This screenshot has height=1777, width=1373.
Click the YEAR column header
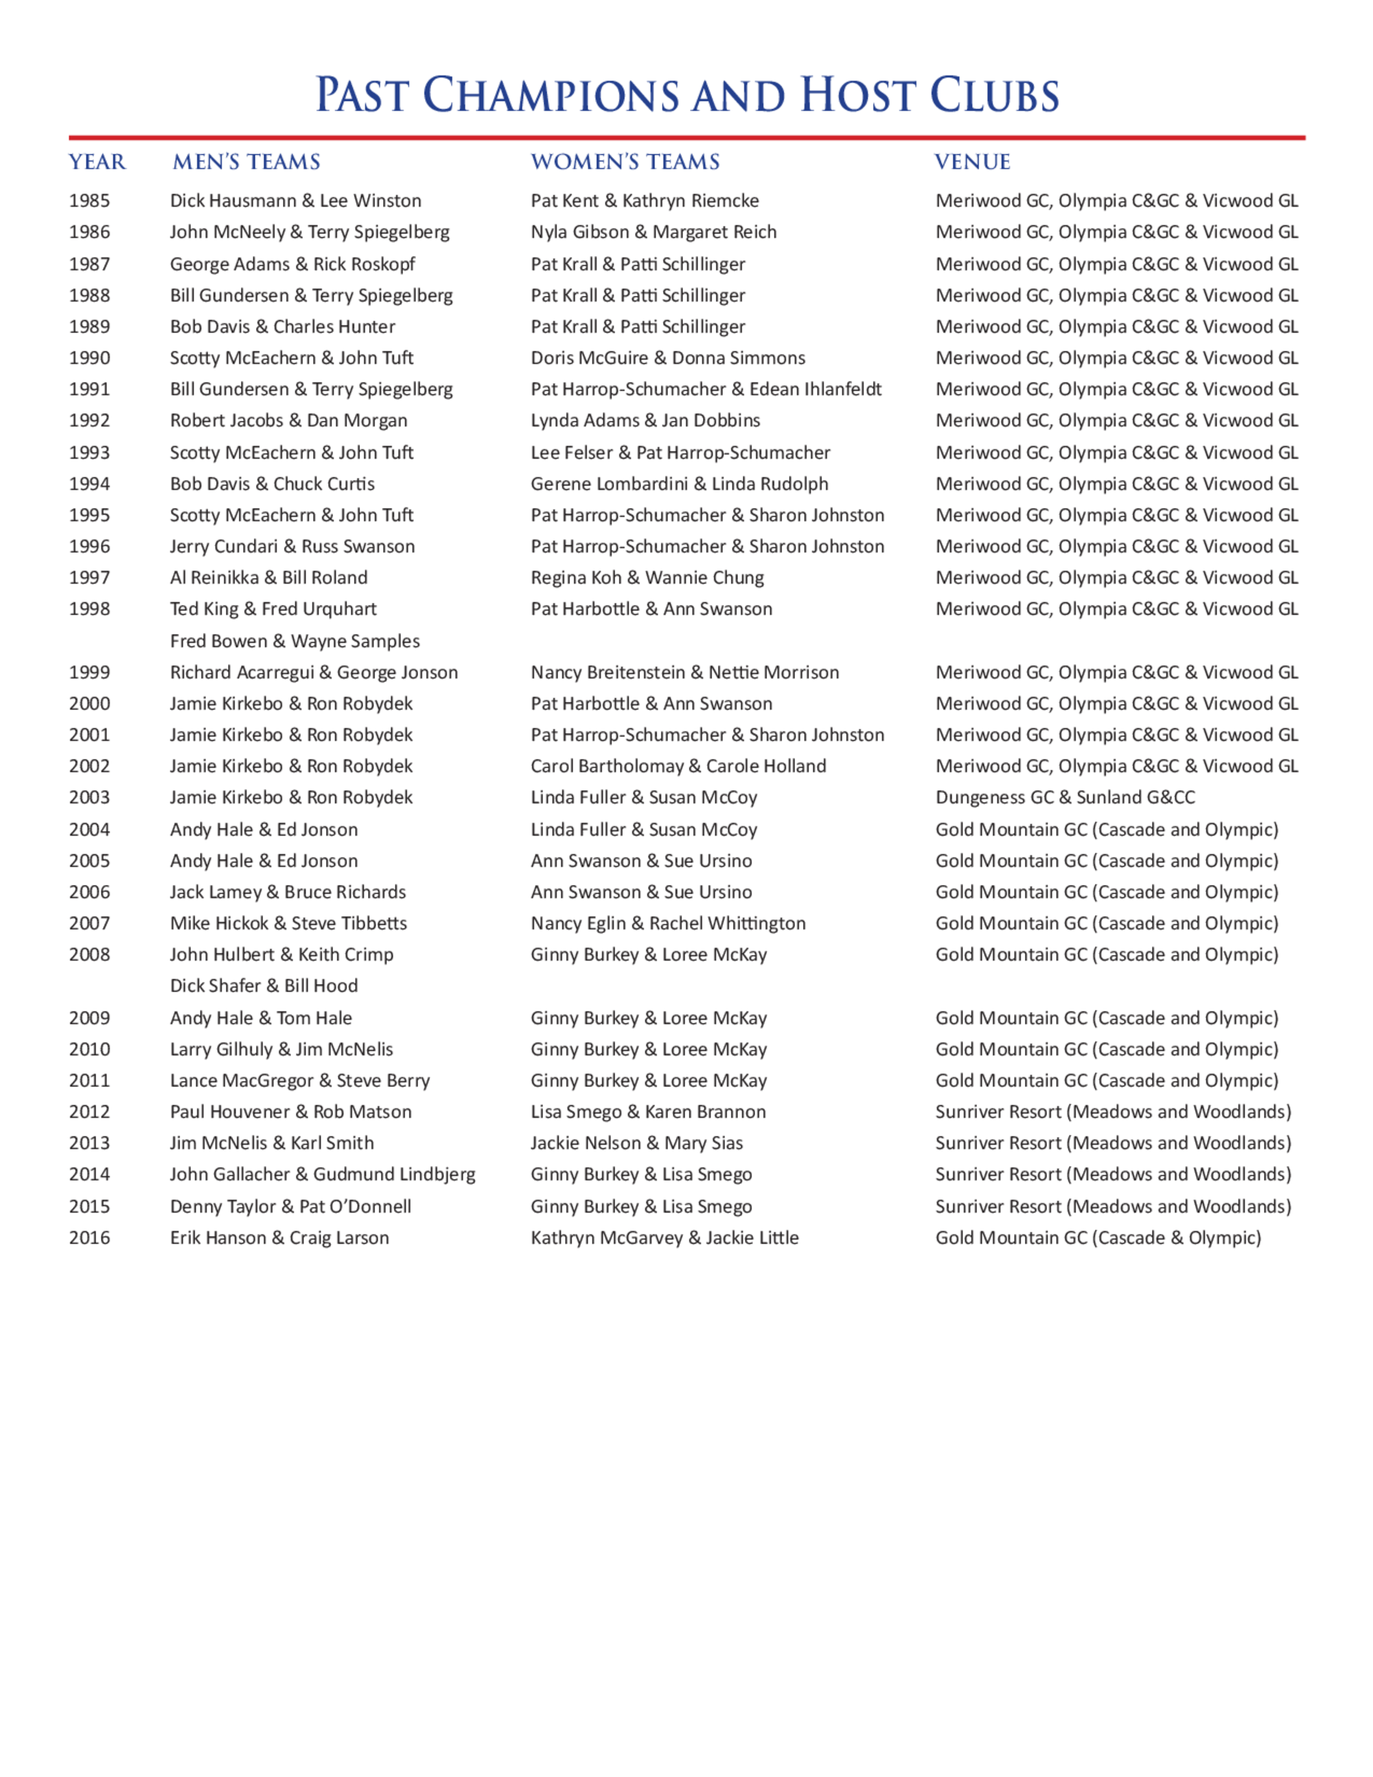coord(97,162)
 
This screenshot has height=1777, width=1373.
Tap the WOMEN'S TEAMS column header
coord(625,162)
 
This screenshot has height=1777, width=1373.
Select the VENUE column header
coord(972,162)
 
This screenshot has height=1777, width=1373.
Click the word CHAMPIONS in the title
coord(551,95)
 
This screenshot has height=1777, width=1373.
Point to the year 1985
coord(89,201)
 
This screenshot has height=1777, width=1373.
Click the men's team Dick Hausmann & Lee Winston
coord(295,201)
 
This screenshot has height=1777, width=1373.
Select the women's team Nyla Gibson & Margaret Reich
coord(653,232)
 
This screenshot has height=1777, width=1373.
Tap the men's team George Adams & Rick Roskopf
coord(292,264)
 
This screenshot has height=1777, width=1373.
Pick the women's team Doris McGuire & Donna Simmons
coord(668,358)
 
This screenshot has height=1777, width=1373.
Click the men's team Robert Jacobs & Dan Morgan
coord(288,421)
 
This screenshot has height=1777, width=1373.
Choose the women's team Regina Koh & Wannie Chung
coord(647,577)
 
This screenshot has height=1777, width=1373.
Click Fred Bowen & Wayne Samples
coord(295,641)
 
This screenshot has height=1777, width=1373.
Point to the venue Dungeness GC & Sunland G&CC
coord(1065,797)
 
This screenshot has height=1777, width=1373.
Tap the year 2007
coord(89,924)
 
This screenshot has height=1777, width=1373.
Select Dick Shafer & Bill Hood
coord(264,986)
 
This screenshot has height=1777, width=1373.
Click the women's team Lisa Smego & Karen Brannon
coord(647,1112)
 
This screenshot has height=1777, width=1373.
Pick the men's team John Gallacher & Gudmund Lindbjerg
coord(322,1175)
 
